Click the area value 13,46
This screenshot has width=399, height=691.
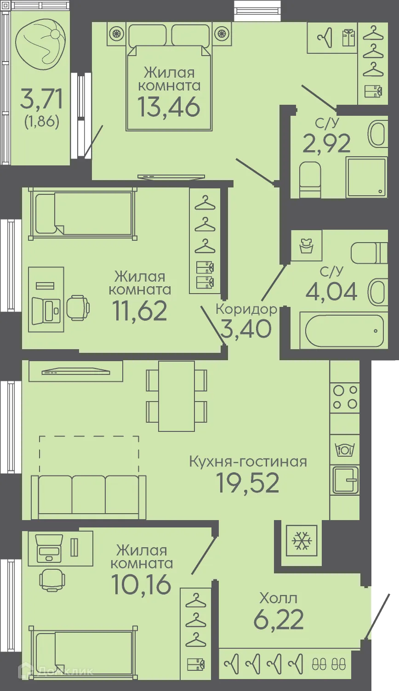coord(169,106)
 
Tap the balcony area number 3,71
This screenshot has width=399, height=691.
coord(41,99)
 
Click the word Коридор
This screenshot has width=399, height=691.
coord(246,309)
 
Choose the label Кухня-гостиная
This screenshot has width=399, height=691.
coord(248,461)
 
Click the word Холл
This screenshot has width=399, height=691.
coord(278,598)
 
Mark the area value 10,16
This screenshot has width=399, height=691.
coord(141,584)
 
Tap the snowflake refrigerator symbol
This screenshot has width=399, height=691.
coord(302,541)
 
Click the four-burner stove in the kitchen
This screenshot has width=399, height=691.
coord(345,397)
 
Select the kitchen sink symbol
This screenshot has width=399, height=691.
coord(345,480)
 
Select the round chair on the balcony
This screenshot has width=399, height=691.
coord(40,42)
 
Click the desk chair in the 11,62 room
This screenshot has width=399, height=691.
coord(78,307)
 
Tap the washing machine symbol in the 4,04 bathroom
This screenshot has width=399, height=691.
coord(307,245)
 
